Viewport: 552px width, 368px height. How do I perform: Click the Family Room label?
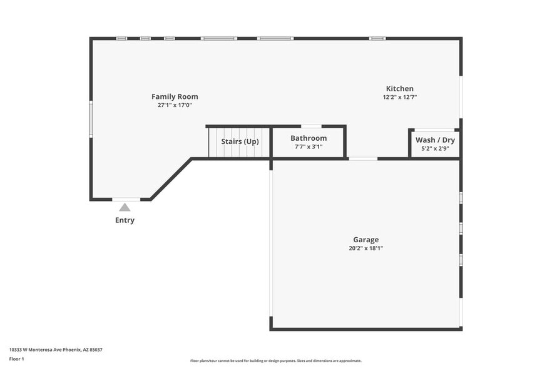175,96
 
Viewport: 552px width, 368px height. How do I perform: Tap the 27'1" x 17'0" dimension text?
175,105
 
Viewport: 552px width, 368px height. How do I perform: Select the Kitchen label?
399,88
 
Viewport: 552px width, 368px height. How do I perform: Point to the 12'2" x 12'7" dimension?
399,97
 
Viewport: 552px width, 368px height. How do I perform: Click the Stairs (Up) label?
240,141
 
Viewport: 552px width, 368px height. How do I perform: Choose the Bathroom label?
308,138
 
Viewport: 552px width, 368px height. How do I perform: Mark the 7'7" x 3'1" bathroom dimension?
308,146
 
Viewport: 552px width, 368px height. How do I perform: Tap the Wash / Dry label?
435,140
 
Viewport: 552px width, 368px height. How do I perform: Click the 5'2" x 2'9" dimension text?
435,149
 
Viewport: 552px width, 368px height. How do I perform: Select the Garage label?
365,239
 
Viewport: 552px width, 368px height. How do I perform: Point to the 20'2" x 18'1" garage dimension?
365,248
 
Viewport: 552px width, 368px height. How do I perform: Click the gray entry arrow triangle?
125,207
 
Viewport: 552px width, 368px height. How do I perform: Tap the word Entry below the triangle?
125,220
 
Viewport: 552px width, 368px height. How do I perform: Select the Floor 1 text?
17,359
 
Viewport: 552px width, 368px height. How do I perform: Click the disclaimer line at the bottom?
275,360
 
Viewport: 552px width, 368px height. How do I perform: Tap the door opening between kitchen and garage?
363,158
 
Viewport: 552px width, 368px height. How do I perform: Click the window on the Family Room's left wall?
91,119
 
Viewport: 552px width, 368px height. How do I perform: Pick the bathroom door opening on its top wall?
311,126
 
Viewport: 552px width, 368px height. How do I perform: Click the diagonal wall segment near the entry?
171,179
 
